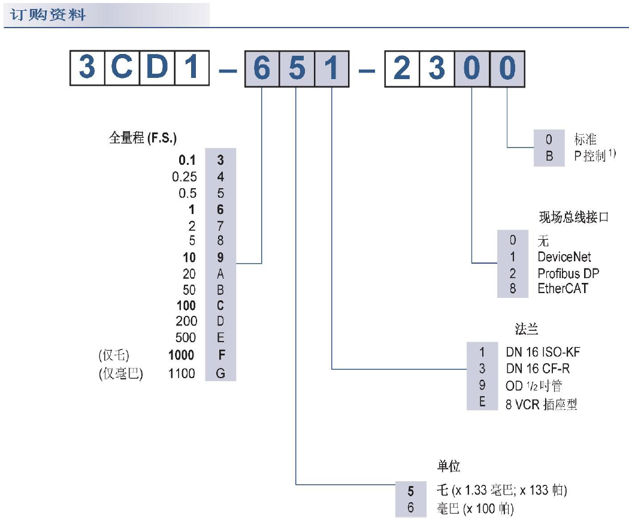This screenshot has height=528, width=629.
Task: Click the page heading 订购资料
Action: (x=48, y=14)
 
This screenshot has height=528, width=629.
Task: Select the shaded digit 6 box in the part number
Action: (x=262, y=70)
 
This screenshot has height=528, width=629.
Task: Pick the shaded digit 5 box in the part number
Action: (x=297, y=70)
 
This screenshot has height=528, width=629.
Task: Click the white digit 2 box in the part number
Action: (x=401, y=70)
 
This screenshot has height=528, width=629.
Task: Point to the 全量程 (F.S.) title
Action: (x=143, y=138)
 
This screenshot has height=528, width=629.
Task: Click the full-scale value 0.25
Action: (x=184, y=177)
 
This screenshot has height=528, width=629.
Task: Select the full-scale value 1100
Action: (x=182, y=373)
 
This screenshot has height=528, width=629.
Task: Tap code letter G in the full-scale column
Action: (x=220, y=373)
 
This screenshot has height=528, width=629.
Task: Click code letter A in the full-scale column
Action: (x=220, y=274)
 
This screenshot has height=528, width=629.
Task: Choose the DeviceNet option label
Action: (x=564, y=257)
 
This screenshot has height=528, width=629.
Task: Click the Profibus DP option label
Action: (x=568, y=273)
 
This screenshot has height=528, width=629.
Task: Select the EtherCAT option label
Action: (x=563, y=289)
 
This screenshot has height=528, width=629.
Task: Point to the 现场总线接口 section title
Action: (x=573, y=217)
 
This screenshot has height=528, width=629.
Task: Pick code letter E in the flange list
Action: (x=482, y=403)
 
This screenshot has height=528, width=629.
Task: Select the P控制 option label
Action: (x=592, y=158)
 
